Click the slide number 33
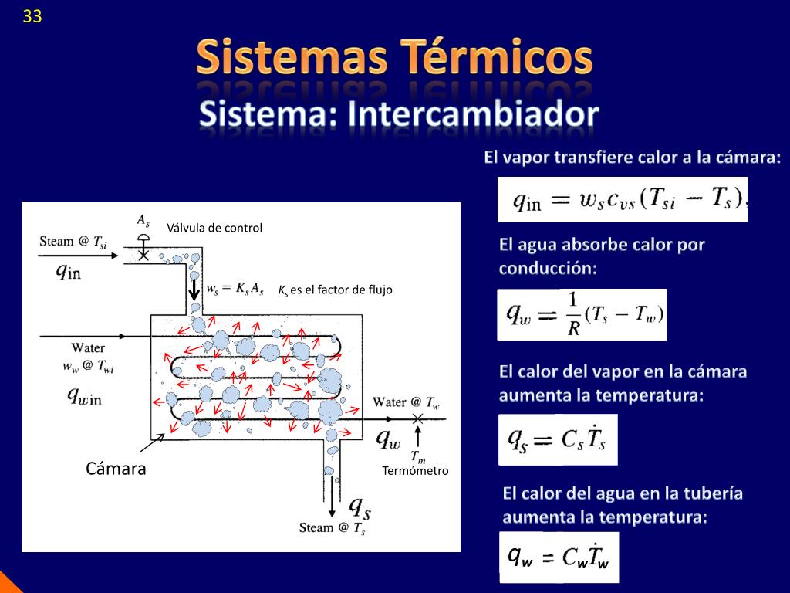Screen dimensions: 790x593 click(32, 16)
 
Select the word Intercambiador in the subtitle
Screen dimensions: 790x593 click(474, 114)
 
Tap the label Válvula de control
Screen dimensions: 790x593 click(214, 228)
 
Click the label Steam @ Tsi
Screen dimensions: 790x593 click(73, 242)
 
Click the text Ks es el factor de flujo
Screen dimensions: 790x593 click(336, 290)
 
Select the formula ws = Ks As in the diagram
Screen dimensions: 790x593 click(235, 290)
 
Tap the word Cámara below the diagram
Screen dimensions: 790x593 click(116, 469)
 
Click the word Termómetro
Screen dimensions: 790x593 click(415, 470)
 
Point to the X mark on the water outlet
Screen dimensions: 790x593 click(417, 418)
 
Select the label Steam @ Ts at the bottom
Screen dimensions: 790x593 click(333, 528)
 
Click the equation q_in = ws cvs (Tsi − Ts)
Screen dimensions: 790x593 click(623, 200)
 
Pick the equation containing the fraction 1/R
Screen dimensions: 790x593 click(582, 313)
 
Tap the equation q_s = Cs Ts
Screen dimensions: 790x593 click(558, 439)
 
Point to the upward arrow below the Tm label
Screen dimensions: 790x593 click(417, 445)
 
